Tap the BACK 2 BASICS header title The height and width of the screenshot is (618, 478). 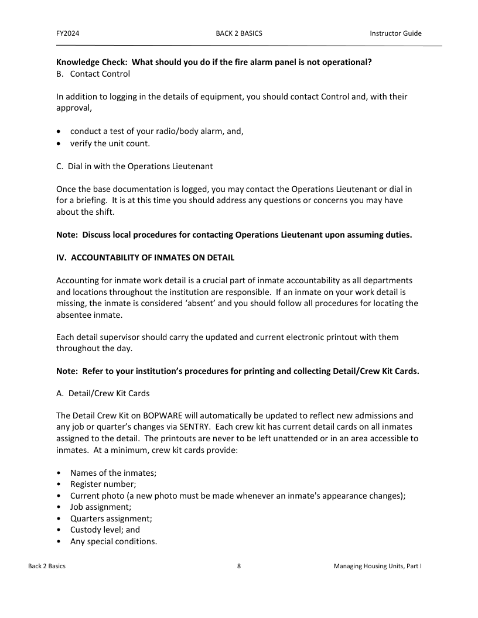[x=239, y=33]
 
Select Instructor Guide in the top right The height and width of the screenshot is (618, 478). [x=395, y=33]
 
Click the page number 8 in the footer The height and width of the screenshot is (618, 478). [x=239, y=566]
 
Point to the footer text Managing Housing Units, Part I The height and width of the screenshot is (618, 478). [x=378, y=566]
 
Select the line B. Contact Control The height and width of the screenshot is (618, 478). [x=93, y=74]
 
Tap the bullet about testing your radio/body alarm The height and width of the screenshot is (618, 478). [x=156, y=131]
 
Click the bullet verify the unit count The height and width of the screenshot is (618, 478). [x=110, y=143]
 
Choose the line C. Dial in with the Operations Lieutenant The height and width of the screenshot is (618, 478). [x=134, y=166]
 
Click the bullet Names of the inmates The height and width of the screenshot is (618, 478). [x=113, y=473]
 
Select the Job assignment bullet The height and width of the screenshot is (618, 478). [x=101, y=507]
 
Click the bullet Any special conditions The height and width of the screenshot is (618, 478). [x=114, y=541]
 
